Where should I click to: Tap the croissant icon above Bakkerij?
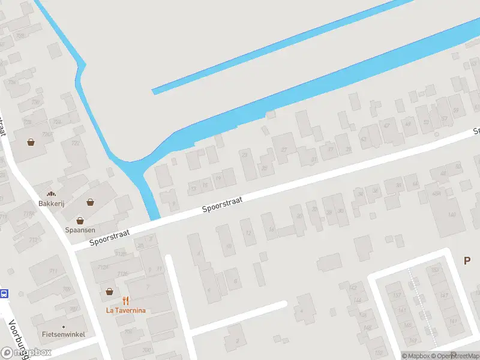51,194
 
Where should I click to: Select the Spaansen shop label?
80,230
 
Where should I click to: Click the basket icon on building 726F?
31,143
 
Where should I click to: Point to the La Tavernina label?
125,310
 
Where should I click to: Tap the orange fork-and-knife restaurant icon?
126,301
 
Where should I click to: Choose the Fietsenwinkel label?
64,334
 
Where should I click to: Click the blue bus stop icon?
4,294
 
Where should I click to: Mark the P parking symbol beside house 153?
467,260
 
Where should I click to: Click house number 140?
451,214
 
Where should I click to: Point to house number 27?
284,149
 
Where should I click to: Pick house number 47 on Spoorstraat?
386,126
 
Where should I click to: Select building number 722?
75,143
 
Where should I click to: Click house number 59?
457,110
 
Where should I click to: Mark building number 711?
53,272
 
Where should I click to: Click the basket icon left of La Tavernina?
109,292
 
